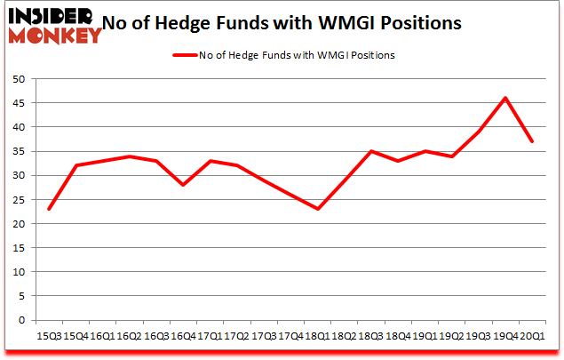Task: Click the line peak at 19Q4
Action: (505, 98)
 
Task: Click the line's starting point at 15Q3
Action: (49, 209)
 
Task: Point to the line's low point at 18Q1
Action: (317, 209)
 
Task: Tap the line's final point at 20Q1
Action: (532, 141)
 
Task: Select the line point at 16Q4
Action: (183, 185)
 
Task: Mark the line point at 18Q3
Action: (371, 151)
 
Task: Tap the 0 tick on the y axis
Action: (27, 320)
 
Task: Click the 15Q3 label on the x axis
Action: (49, 335)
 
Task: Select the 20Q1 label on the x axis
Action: (532, 335)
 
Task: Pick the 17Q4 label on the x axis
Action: (290, 335)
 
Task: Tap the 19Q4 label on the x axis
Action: (505, 335)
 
